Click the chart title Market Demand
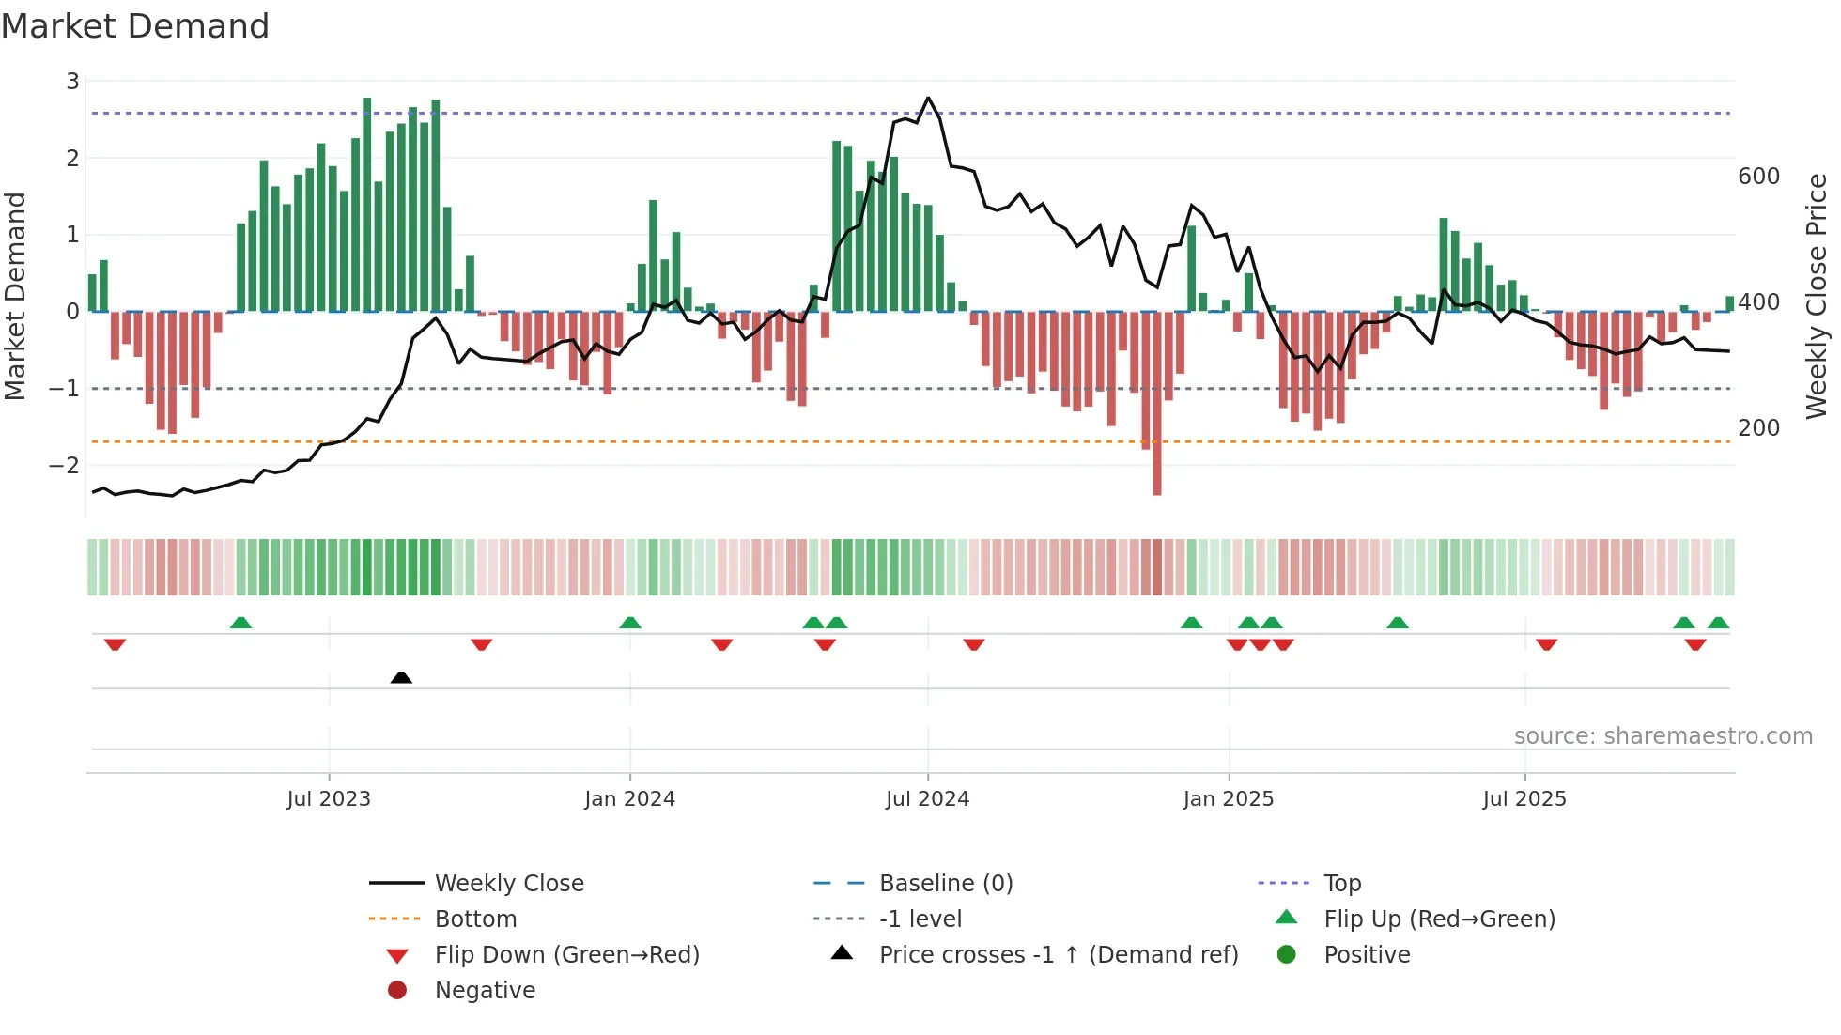point(135,26)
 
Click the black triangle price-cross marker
point(401,677)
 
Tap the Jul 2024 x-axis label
point(927,799)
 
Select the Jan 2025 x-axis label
point(1228,799)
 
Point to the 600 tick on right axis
point(1758,177)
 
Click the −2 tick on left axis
point(65,465)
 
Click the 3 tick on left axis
point(72,82)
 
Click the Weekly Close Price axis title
point(1817,296)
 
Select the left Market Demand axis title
point(15,296)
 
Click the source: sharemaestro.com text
point(1663,736)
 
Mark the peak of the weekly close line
point(928,98)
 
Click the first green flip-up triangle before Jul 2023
point(240,623)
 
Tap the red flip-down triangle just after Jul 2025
point(1546,644)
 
